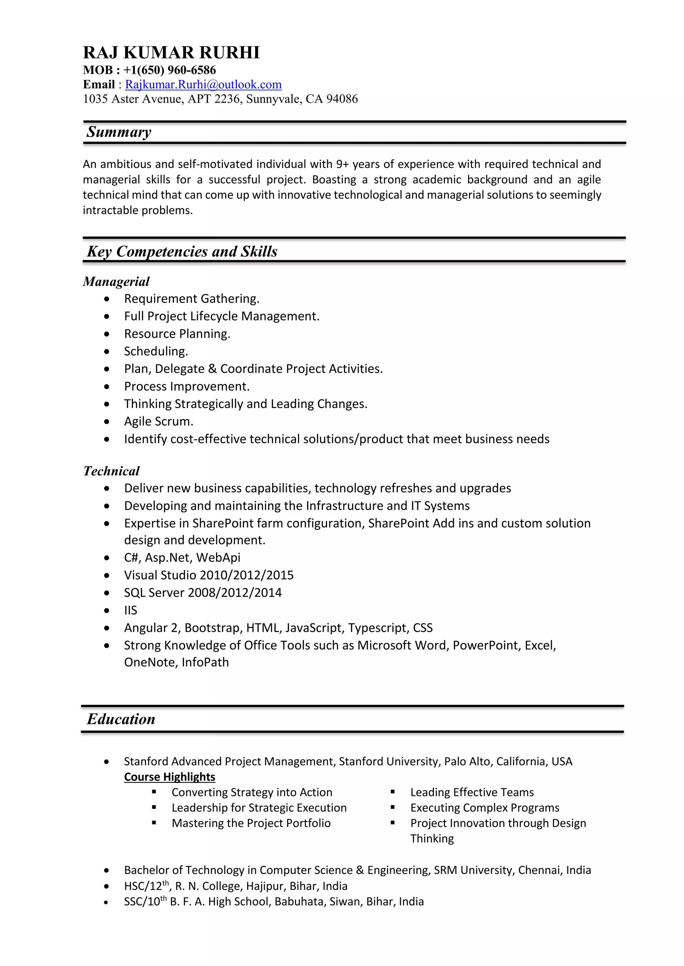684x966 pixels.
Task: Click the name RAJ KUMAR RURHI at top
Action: pos(171,53)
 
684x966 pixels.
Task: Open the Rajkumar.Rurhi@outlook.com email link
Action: pos(203,85)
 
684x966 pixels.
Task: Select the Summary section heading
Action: pos(119,132)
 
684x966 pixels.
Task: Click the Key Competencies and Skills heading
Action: pos(182,252)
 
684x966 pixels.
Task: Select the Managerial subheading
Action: pos(116,282)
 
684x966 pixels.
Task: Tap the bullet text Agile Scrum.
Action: pos(158,421)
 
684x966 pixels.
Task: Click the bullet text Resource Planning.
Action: pos(177,334)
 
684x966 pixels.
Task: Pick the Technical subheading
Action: pos(111,471)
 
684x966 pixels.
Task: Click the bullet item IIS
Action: pos(131,610)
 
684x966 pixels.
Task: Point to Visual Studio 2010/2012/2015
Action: pos(208,575)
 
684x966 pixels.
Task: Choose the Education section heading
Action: pos(121,719)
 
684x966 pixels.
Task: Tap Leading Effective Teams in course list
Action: pos(472,792)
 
